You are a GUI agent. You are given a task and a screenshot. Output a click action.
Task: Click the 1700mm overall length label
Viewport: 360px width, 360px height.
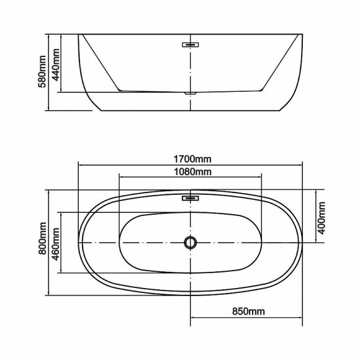click(190, 157)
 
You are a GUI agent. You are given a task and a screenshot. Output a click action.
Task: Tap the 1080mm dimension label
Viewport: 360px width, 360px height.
click(190, 171)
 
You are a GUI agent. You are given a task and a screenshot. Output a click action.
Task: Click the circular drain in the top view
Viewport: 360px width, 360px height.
click(189, 242)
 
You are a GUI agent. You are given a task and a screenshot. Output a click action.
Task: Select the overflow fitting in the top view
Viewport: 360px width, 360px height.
click(189, 199)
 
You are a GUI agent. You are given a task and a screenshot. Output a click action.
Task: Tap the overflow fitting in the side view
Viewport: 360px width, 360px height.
click(189, 44)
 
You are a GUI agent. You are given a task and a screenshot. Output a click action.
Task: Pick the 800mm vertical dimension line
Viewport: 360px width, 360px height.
click(48, 273)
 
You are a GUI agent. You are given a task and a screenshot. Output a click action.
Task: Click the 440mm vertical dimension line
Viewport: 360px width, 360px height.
click(61, 81)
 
